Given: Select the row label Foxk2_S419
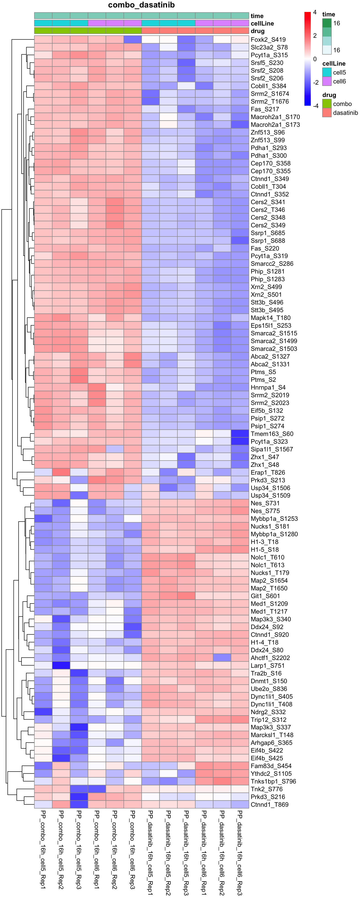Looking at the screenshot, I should pyautogui.click(x=268, y=39).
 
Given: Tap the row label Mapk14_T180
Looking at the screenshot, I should pyautogui.click(x=270, y=318).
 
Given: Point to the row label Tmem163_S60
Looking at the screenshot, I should pyautogui.click(x=272, y=434).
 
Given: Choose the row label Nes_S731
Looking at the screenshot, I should pyautogui.click(x=265, y=503).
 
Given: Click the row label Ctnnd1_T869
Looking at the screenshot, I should pyautogui.click(x=270, y=804).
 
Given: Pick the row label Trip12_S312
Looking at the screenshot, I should pyautogui.click(x=268, y=719).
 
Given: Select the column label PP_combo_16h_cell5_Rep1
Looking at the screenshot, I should pyautogui.click(x=43, y=849).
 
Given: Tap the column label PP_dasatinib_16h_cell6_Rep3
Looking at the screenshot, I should pyautogui.click(x=240, y=852).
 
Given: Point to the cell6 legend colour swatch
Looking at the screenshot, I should pyautogui.click(x=326, y=81).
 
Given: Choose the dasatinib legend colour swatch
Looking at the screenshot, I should pyautogui.click(x=326, y=112).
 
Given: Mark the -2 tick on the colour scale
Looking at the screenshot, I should pyautogui.click(x=316, y=82).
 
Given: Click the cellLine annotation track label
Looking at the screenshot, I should pyautogui.click(x=262, y=23).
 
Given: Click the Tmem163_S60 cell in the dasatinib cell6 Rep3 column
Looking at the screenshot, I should pyautogui.click(x=240, y=434).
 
